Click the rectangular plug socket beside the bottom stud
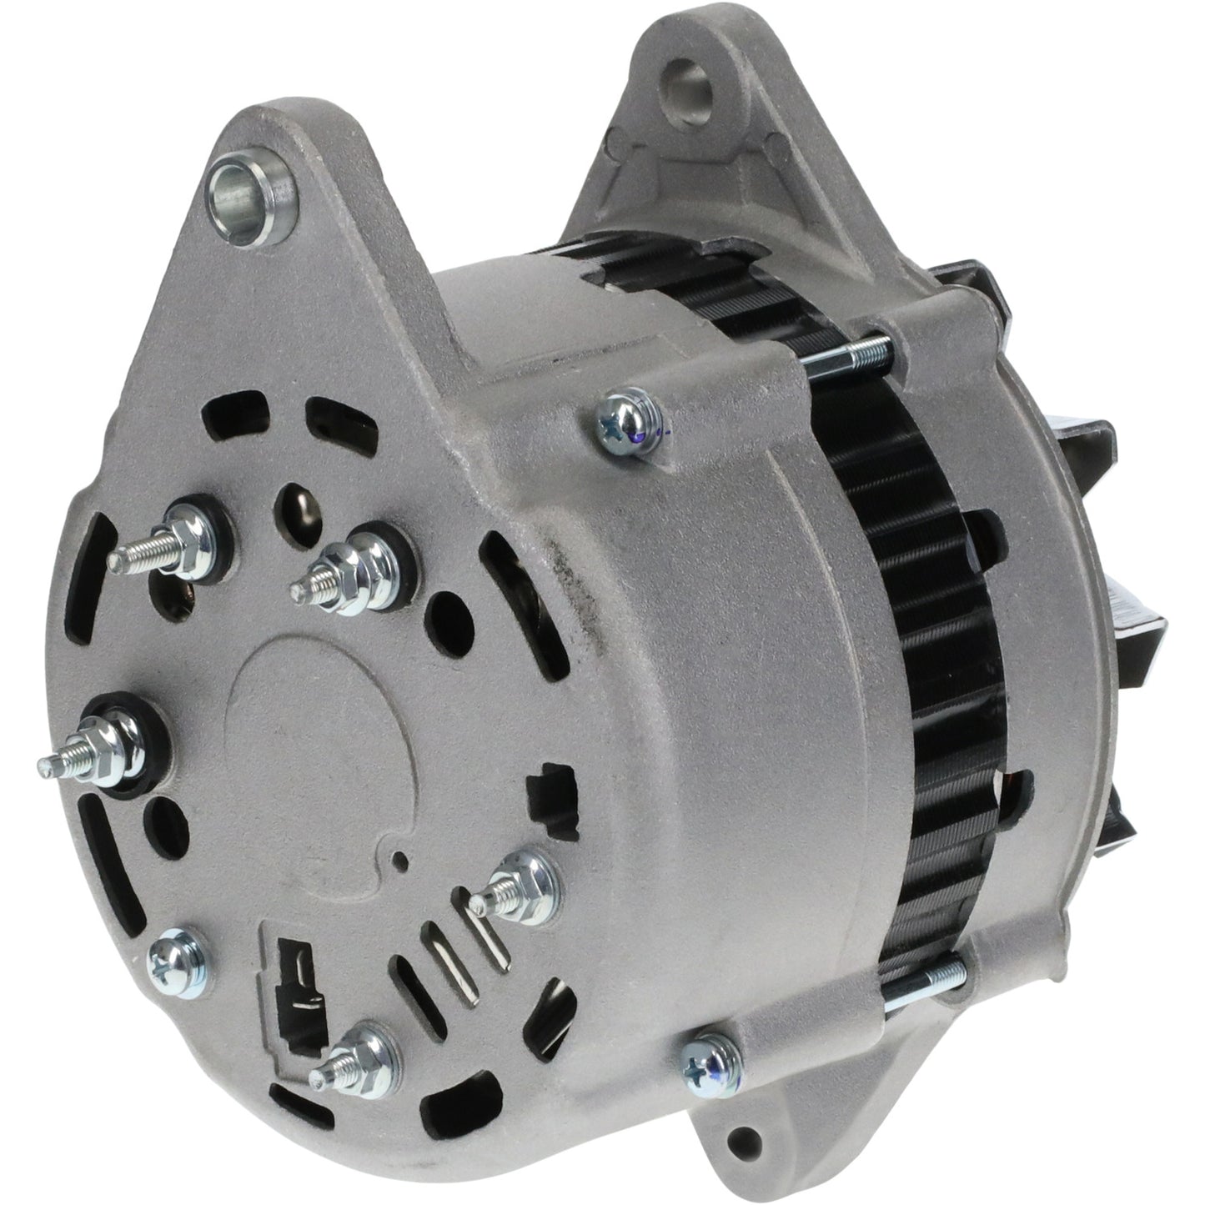point(296,984)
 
